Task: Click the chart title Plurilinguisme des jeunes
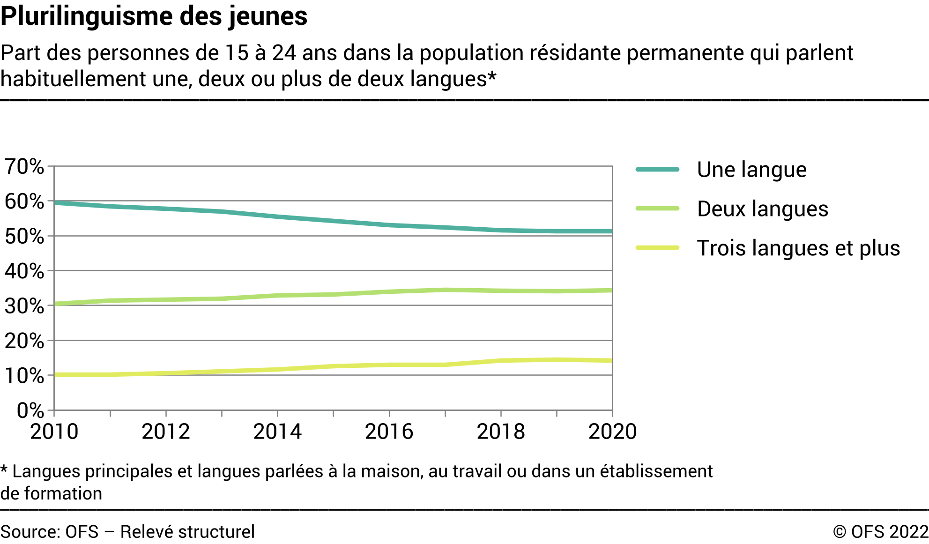click(154, 16)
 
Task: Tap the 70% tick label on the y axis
click(24, 166)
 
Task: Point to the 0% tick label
click(30, 410)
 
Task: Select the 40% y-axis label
click(24, 271)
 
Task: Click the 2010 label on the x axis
click(54, 432)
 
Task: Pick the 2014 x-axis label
click(277, 432)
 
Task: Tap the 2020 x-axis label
click(612, 432)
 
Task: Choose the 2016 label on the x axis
click(389, 432)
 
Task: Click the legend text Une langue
click(751, 170)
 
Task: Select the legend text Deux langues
click(762, 209)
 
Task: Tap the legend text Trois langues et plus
click(798, 248)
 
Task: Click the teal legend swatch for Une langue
click(657, 170)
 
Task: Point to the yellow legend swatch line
click(657, 248)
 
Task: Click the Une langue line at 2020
click(611, 231)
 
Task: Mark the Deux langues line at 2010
click(55, 304)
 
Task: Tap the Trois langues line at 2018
click(501, 361)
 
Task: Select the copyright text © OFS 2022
click(880, 532)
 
